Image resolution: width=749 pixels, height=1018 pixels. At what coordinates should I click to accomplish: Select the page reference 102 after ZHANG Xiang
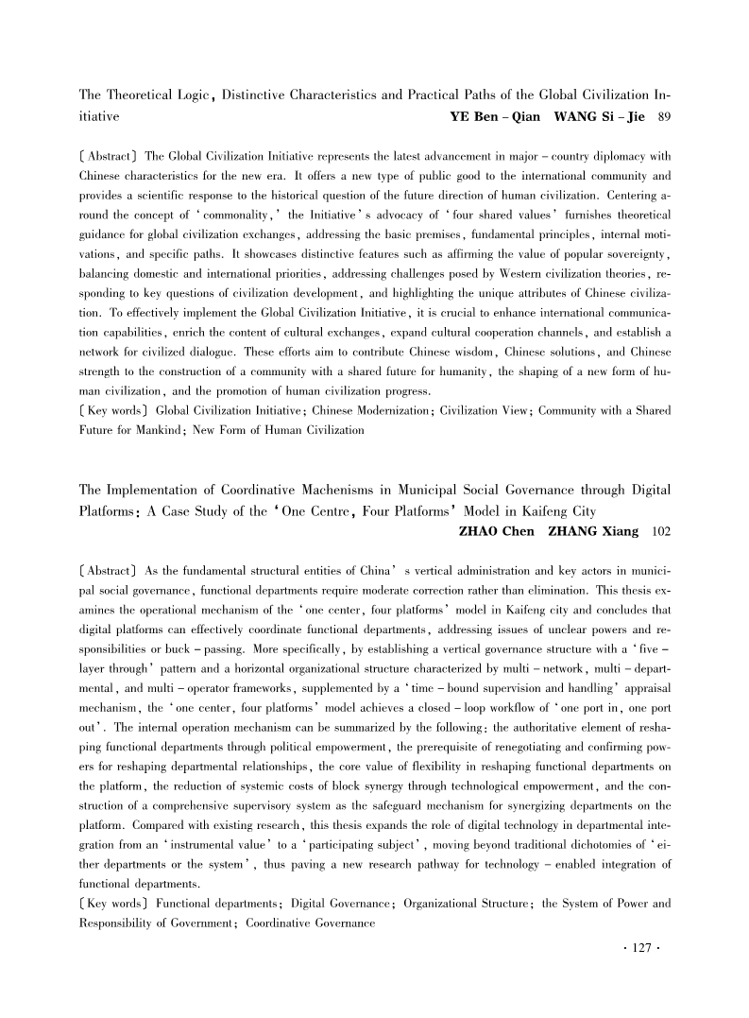click(660, 533)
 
